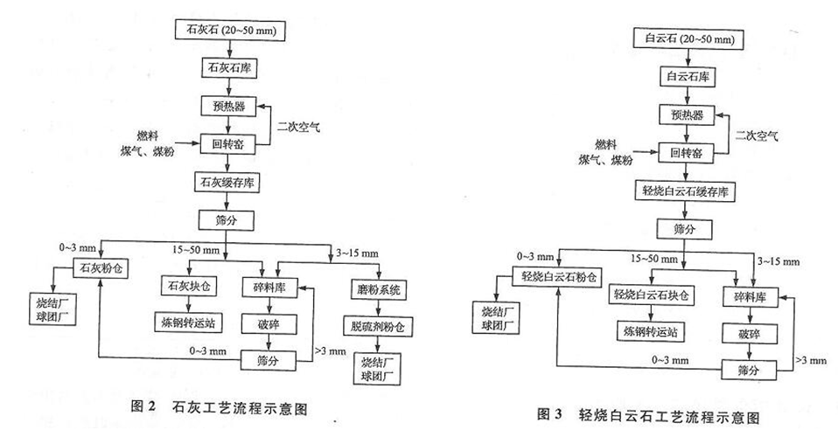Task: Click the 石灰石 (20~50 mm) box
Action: tap(230, 30)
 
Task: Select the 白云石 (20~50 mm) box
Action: tap(688, 39)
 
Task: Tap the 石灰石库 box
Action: tap(229, 68)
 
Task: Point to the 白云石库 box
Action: tap(688, 77)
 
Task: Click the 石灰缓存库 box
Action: tap(227, 182)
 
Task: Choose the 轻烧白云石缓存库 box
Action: tap(685, 191)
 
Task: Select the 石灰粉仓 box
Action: tap(101, 267)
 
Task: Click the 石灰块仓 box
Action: tap(189, 286)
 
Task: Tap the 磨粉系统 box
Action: tap(379, 290)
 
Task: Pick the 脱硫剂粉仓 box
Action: tap(377, 327)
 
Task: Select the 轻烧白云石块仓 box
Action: tap(652, 295)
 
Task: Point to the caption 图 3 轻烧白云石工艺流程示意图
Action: tap(647, 415)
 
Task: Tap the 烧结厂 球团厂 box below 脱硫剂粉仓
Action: tap(377, 369)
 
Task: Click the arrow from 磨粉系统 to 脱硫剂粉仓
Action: tap(379, 309)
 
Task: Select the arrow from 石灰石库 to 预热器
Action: tap(229, 87)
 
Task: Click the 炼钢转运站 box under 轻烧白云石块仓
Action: tap(650, 332)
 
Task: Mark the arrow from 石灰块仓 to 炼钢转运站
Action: tap(189, 304)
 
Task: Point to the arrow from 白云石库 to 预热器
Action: tap(688, 96)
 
